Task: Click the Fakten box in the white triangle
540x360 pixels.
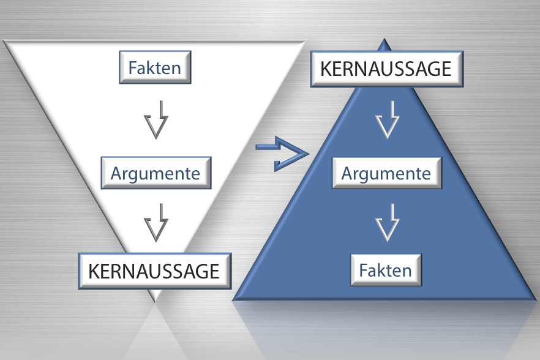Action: [154, 67]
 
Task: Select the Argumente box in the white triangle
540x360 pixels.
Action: [155, 173]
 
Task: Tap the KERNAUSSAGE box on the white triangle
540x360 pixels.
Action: [154, 270]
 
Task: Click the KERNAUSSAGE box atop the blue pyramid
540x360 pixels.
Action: [386, 69]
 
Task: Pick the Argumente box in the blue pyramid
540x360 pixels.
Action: [386, 173]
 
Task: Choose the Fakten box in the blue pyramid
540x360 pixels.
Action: [386, 270]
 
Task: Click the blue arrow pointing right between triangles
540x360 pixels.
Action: [280, 152]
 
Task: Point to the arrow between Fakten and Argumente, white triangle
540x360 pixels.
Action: [156, 119]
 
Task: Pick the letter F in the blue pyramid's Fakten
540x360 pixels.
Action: [363, 270]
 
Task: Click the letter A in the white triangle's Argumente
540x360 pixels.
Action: [116, 173]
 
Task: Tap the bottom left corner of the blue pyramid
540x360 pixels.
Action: [234, 299]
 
